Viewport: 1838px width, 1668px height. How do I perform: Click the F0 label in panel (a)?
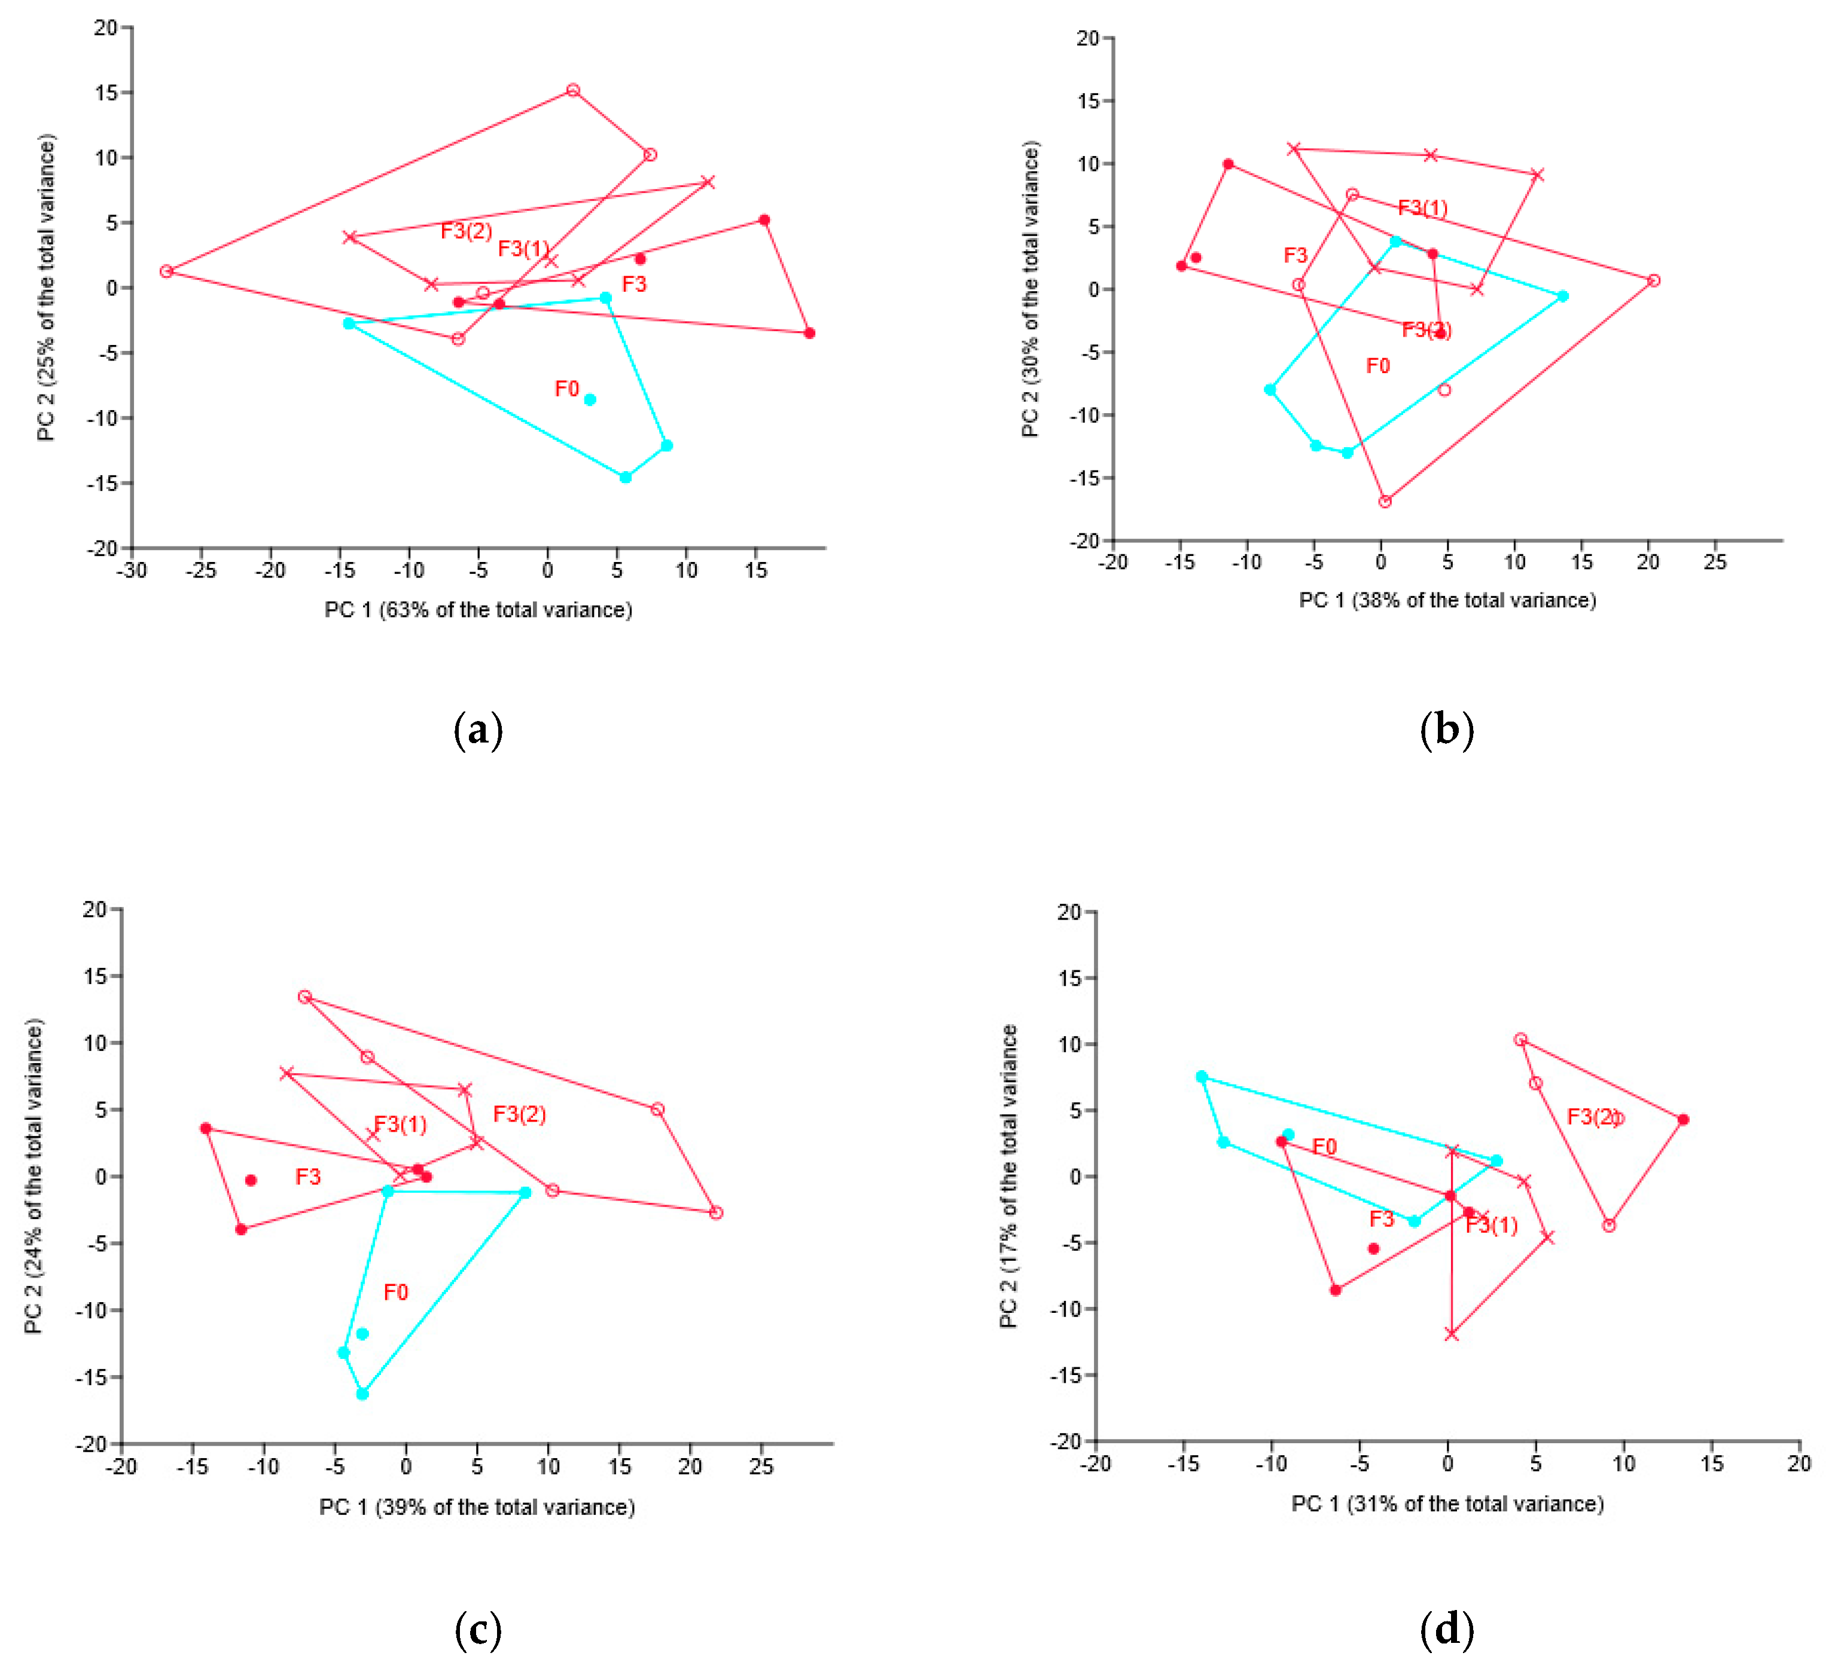(x=566, y=389)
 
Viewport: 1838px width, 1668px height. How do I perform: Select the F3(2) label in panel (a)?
(x=466, y=231)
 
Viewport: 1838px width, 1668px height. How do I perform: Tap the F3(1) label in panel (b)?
(x=1422, y=208)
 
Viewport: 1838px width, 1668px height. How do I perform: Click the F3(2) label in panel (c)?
(x=519, y=1114)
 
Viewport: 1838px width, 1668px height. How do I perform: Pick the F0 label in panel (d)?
(x=1324, y=1147)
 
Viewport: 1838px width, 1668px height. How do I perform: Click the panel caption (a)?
(x=478, y=731)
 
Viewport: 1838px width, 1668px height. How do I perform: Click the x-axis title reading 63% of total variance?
(x=478, y=610)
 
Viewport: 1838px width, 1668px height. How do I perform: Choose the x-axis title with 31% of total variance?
(x=1447, y=1503)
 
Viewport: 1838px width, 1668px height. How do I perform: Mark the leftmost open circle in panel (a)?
(x=166, y=271)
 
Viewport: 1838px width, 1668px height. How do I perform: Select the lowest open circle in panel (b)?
(x=1385, y=502)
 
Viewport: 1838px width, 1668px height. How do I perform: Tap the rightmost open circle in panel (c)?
(x=716, y=1212)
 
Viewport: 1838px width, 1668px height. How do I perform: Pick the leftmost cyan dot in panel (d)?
(x=1202, y=1077)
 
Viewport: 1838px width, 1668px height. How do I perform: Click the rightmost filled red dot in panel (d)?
(x=1683, y=1119)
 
